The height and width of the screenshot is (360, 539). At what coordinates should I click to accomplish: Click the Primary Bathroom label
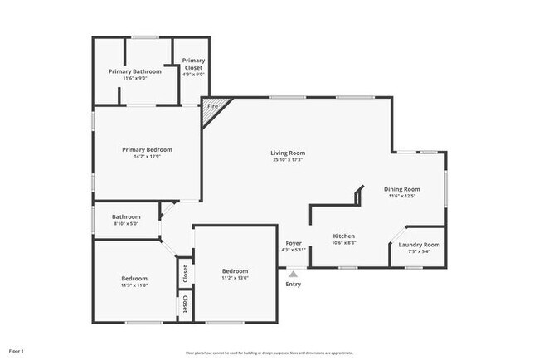[x=135, y=71]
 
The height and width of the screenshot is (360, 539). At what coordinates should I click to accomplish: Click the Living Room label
[x=288, y=153]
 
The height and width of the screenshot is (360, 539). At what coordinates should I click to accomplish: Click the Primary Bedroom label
[x=147, y=149]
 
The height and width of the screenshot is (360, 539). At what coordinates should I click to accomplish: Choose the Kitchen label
[x=344, y=236]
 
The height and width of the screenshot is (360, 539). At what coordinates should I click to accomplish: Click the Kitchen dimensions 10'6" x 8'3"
[x=344, y=243]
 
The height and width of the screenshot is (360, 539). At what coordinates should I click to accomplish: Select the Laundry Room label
[x=419, y=245]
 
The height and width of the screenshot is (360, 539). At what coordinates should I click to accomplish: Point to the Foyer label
[x=294, y=242]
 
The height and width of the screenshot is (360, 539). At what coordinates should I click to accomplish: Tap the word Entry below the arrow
[x=294, y=285]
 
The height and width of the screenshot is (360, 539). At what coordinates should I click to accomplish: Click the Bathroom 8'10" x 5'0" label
[x=127, y=217]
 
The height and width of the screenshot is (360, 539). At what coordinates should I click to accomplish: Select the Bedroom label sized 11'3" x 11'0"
[x=134, y=278]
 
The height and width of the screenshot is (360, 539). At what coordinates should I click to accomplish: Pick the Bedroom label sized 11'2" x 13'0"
[x=235, y=271]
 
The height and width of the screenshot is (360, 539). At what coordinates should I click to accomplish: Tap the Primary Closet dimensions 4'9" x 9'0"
[x=193, y=75]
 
